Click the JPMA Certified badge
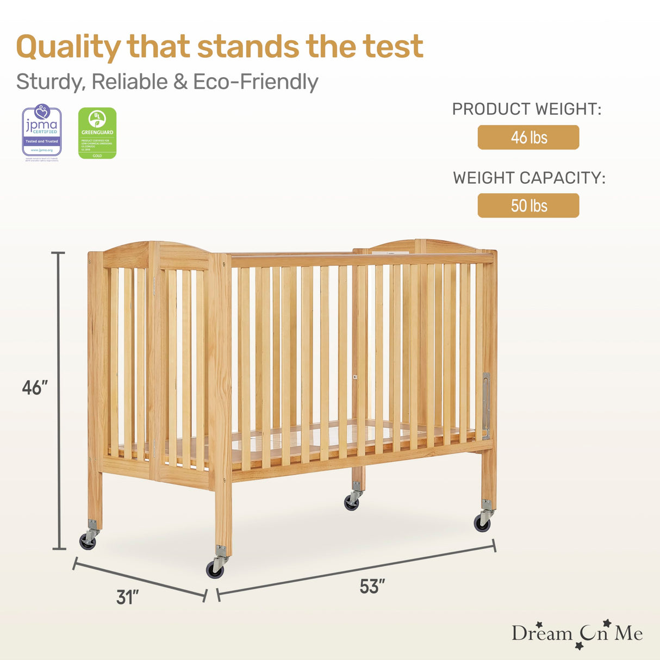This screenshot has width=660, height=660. (x=42, y=133)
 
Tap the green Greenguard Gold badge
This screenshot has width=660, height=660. (x=97, y=133)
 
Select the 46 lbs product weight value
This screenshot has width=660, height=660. (x=528, y=138)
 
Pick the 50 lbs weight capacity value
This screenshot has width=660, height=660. (x=528, y=206)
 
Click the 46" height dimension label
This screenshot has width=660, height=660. (x=35, y=388)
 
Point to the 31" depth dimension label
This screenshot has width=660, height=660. (x=128, y=597)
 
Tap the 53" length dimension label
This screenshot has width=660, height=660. (x=372, y=587)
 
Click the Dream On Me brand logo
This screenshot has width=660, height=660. (x=577, y=634)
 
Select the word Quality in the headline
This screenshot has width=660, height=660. (x=69, y=47)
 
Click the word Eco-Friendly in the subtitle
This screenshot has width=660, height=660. (x=256, y=82)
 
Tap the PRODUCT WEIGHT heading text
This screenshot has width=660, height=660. (x=527, y=109)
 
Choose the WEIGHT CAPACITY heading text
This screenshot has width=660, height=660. (x=529, y=178)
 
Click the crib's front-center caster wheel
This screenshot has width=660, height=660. (x=215, y=569)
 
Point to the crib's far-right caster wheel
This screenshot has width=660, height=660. (x=482, y=523)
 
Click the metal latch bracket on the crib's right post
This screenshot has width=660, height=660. (x=485, y=404)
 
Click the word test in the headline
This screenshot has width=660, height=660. (x=393, y=47)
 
